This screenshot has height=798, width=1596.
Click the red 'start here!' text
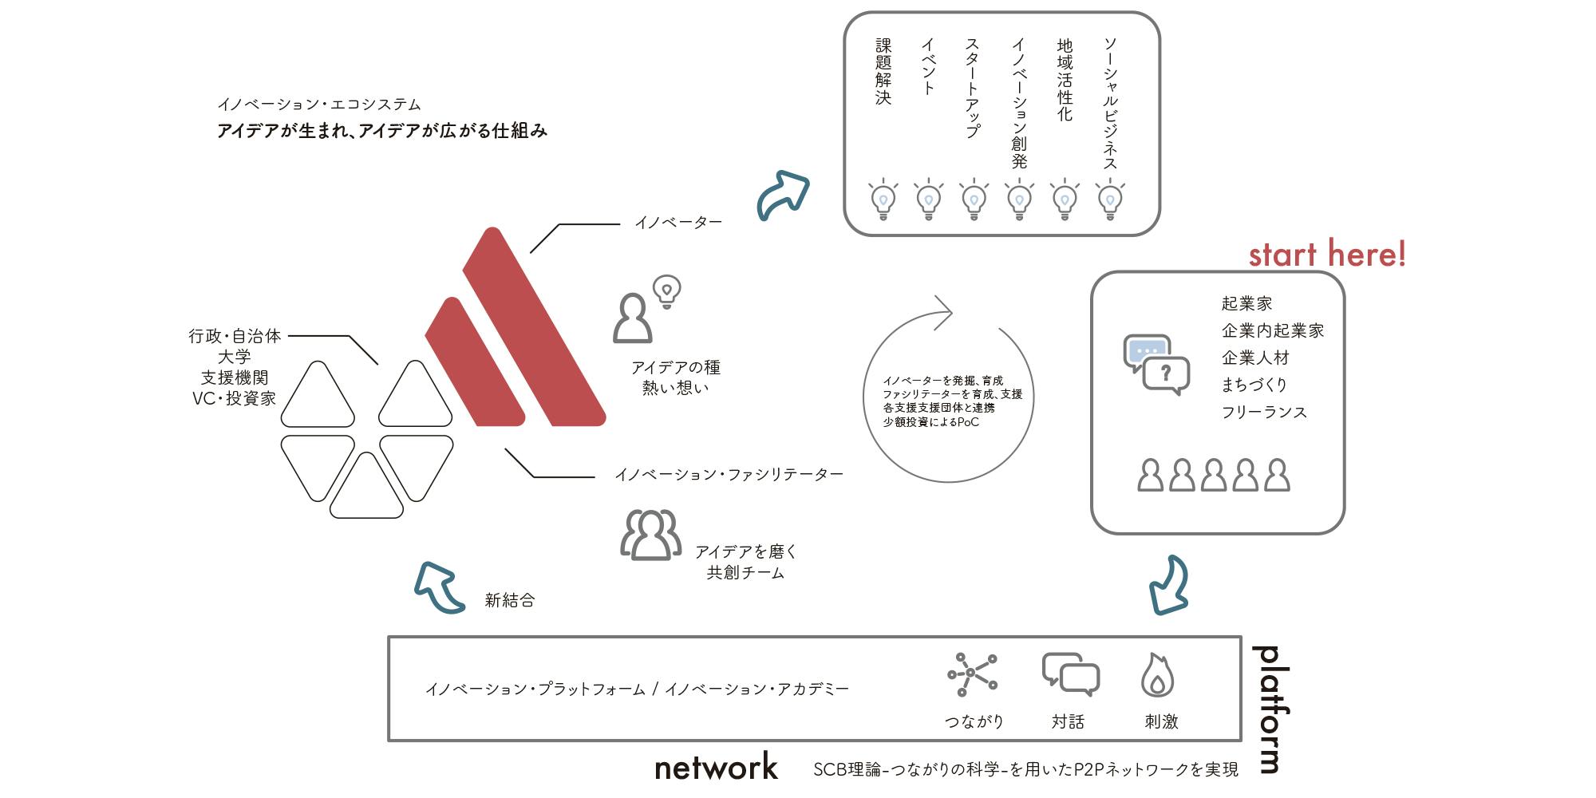[1327, 254]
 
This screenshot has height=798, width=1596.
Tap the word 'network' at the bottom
[716, 767]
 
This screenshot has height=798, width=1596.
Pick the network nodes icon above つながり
[972, 674]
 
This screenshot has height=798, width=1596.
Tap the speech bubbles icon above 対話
[1070, 674]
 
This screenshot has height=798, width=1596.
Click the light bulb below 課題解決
[883, 199]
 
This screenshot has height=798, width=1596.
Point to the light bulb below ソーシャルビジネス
[1110, 199]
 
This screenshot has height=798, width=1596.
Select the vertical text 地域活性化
[1065, 80]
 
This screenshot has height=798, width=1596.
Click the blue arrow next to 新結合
[439, 587]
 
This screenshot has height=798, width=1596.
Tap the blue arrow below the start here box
[1169, 585]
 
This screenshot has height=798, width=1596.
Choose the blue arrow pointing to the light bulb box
[784, 194]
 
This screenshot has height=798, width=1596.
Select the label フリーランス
[1264, 412]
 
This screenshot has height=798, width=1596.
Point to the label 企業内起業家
[1273, 330]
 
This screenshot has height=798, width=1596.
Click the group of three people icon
[651, 535]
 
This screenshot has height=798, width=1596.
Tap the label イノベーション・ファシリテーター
[729, 475]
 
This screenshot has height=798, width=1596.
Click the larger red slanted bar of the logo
[534, 326]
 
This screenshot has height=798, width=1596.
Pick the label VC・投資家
[234, 398]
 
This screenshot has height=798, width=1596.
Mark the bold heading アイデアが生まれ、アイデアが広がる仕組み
[382, 131]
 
